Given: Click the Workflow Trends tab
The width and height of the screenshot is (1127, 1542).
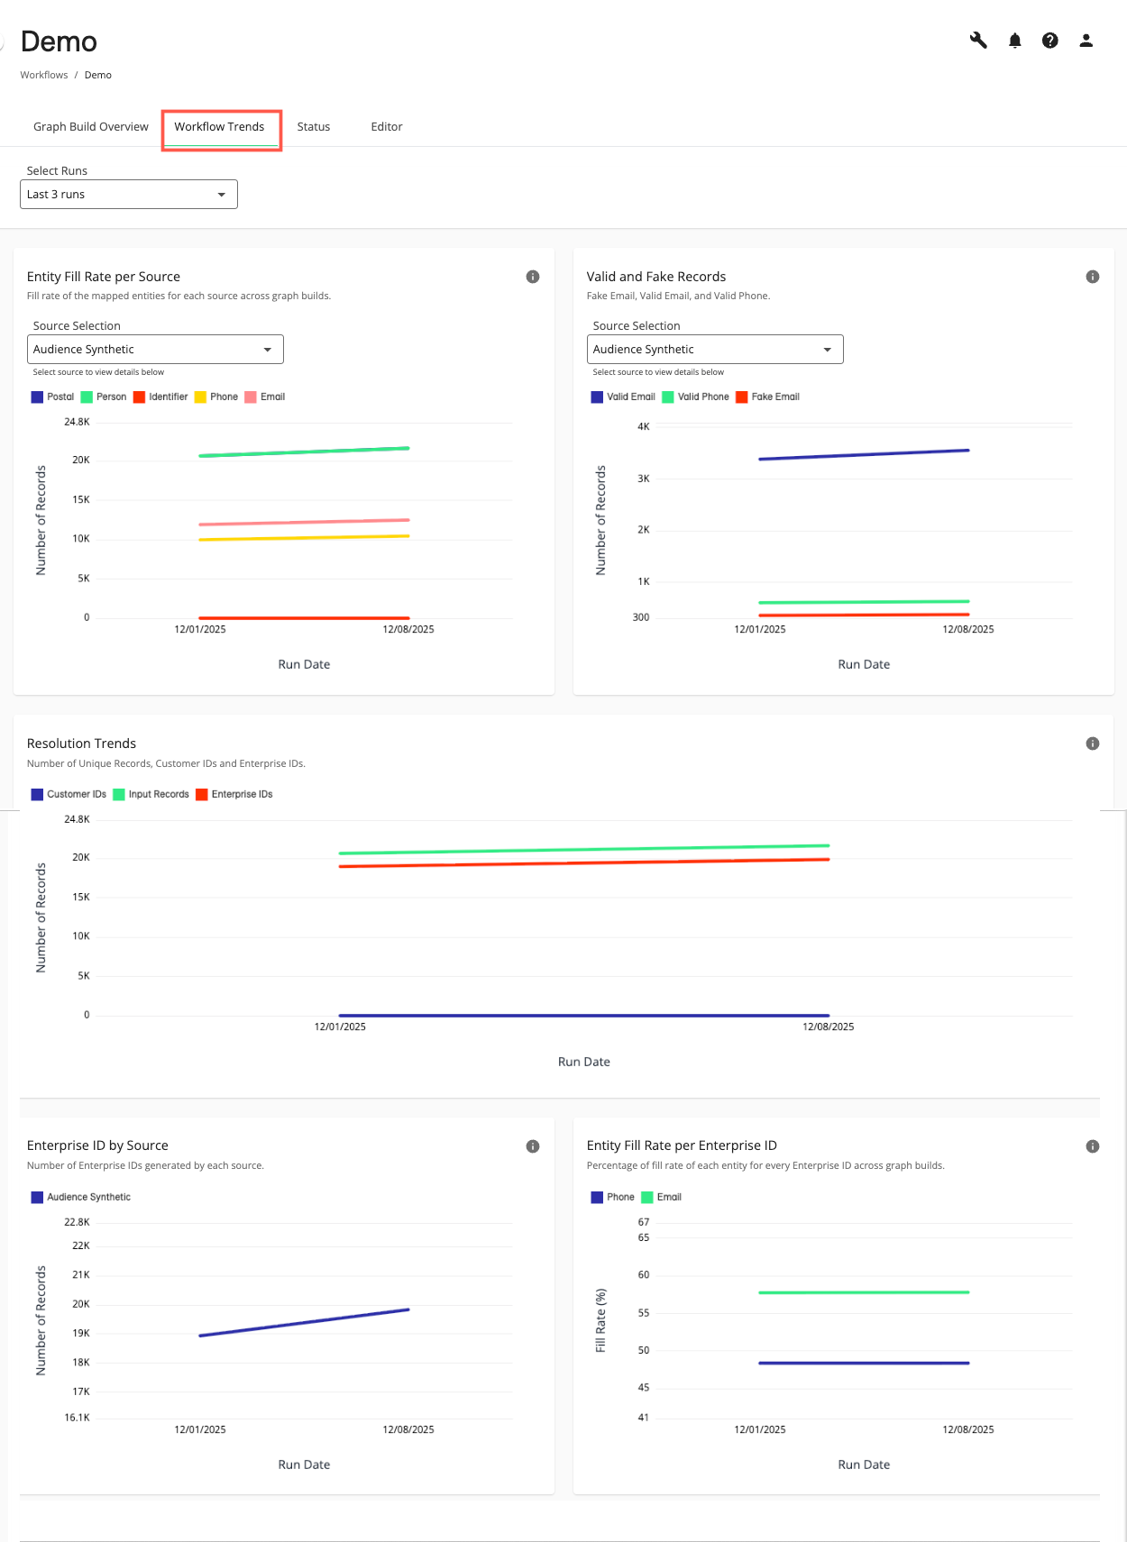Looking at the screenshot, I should (219, 127).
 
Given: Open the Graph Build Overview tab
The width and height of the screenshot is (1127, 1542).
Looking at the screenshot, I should (91, 127).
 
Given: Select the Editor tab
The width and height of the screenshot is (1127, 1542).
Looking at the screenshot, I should (387, 127).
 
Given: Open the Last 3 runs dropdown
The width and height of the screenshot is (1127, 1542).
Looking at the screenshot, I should (129, 195).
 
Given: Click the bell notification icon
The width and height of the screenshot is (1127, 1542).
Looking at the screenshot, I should (1015, 41).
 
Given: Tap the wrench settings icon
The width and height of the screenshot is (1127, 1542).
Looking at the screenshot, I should (978, 41).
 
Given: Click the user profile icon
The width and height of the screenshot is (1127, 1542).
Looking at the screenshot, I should (1086, 41).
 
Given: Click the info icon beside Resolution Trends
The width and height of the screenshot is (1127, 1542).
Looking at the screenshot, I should (1093, 744).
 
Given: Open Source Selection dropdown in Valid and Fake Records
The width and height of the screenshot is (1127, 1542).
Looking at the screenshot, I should (715, 350).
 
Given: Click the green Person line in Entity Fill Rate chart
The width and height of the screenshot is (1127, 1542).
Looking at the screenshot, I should (304, 452).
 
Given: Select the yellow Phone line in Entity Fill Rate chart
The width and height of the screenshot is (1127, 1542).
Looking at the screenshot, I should (304, 538).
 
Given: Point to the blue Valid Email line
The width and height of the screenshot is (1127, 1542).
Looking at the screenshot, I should (864, 454).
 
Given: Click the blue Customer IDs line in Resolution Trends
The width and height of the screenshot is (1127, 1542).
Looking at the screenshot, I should (584, 1015).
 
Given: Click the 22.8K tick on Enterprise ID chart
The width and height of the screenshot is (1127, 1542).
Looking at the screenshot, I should (78, 1222).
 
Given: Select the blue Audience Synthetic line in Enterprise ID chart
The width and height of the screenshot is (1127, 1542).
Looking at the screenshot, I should (304, 1322).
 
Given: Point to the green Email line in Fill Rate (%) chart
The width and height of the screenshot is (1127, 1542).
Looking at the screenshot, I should (864, 1292).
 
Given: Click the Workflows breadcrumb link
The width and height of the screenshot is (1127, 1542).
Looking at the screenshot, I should (44, 75).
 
